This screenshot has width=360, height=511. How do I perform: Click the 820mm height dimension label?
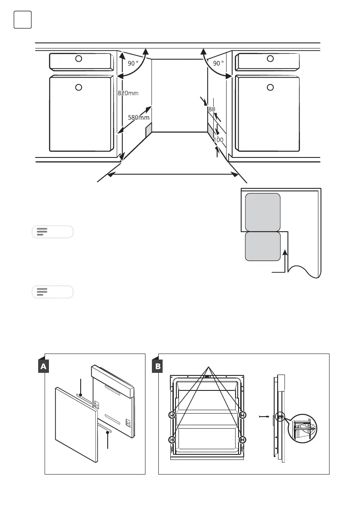coord(128,93)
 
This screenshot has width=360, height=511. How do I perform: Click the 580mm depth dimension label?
coord(138,117)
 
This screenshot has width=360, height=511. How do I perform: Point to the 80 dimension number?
coord(211,109)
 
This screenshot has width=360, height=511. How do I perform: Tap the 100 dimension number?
coord(219,140)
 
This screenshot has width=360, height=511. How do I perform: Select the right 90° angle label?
coord(218,63)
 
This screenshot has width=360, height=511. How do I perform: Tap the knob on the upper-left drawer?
coord(79,58)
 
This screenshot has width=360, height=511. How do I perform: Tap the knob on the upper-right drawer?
coord(270,58)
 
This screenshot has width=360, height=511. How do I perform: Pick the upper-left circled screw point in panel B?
coord(172,415)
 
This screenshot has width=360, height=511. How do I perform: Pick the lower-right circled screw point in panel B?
coord(242,439)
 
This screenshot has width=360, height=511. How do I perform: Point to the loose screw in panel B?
coord(264,416)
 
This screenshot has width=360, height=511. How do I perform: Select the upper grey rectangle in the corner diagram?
coord(263,212)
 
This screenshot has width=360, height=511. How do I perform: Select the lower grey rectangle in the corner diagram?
coord(263,246)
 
